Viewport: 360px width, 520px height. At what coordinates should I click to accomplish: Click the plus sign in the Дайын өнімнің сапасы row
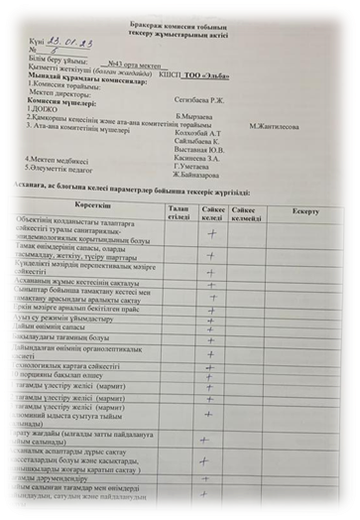pyautogui.click(x=211, y=325)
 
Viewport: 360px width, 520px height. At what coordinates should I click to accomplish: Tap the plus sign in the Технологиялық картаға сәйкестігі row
pyautogui.click(x=210, y=364)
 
